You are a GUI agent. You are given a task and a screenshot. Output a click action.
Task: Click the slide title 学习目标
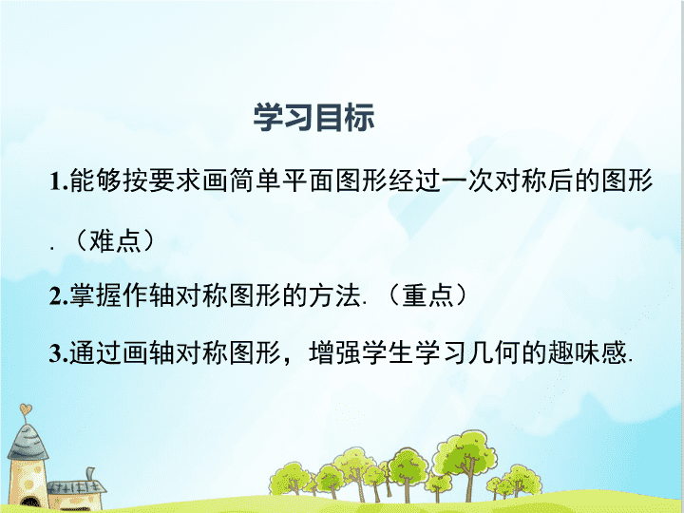click(313, 118)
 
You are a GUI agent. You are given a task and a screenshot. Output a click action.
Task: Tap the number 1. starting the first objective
click(59, 181)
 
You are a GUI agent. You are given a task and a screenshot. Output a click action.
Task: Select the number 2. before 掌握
click(59, 296)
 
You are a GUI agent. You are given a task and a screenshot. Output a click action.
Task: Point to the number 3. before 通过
click(59, 353)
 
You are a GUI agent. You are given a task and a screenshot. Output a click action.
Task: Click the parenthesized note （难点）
click(115, 240)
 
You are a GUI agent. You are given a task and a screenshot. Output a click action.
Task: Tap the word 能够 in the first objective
click(95, 180)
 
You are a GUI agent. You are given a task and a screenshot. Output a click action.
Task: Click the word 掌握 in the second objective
click(95, 295)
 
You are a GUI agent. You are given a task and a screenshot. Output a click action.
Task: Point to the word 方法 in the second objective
click(334, 295)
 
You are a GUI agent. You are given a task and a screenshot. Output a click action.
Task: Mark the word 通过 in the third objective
click(95, 352)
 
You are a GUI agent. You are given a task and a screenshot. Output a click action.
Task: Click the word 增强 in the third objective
click(334, 352)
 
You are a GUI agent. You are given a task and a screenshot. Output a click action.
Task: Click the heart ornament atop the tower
click(26, 409)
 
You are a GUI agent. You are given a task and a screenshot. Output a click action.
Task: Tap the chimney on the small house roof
click(90, 474)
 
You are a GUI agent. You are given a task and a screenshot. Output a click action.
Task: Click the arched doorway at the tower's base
click(29, 503)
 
